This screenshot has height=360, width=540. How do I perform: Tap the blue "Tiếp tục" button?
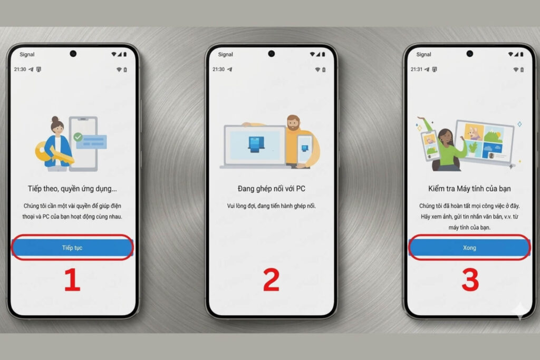pos(72,247)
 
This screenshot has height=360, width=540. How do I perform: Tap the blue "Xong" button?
pos(469,247)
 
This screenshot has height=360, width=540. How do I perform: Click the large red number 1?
pos(72,280)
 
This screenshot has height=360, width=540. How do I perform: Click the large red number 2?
pos(271,280)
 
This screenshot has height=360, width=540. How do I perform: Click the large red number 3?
pos(470,280)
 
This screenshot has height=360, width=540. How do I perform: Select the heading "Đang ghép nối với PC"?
pos(272,189)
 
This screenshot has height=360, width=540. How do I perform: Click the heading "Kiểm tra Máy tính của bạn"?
pos(469,189)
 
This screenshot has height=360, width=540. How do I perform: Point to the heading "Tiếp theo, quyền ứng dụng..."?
pos(72,189)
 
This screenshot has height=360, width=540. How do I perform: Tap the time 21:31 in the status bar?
pos(417,69)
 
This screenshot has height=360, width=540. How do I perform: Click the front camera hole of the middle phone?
pos(272,54)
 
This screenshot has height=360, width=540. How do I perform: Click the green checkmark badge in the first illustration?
pos(78,137)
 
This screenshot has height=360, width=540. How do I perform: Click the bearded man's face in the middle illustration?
pos(293,124)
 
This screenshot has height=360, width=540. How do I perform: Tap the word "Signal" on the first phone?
pos(27,54)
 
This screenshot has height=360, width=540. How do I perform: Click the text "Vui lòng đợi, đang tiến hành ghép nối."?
pos(272,206)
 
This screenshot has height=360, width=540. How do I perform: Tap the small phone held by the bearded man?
pos(304,149)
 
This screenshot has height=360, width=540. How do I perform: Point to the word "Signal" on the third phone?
pos(423,54)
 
